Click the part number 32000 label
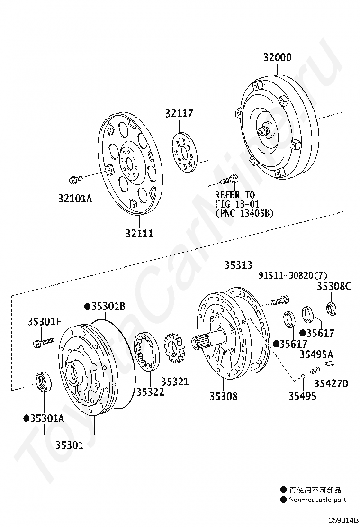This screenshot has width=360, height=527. coord(278,57)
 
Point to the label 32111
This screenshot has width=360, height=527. coord(139,233)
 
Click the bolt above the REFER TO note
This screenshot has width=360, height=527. coord(229,180)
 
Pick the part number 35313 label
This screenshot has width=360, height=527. coord(238,265)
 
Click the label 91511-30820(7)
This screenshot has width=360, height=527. coord(293,275)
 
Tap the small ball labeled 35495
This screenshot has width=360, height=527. coord(301,377)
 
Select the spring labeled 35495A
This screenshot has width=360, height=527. coord(315,368)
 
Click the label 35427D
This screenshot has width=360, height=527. coord(331,383)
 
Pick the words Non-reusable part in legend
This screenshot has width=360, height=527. coord(317,500)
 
